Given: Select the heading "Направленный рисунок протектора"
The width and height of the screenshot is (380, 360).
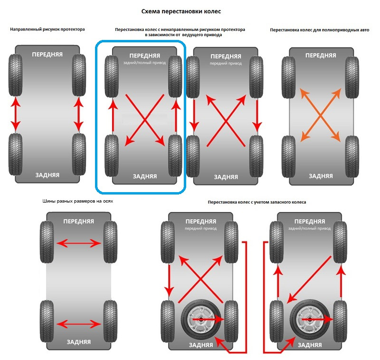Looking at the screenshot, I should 47,29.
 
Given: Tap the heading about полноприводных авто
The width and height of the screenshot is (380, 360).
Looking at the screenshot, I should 319,29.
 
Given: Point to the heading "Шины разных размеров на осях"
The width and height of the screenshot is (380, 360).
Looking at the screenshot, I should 77,201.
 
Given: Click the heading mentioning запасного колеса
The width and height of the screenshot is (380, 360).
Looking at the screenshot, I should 257,202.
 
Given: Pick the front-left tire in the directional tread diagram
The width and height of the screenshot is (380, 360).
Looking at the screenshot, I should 16,75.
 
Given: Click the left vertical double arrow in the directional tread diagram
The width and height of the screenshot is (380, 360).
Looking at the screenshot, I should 16,114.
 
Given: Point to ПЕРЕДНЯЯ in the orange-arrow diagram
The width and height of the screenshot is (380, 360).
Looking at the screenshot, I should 321,55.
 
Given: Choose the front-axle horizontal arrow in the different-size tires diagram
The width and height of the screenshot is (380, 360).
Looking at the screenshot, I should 79,243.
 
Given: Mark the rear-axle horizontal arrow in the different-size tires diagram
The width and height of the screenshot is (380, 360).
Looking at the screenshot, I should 79,324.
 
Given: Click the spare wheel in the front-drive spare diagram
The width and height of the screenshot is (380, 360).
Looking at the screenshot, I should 200,318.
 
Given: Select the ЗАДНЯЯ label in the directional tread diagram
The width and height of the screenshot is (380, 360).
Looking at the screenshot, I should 47,175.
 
